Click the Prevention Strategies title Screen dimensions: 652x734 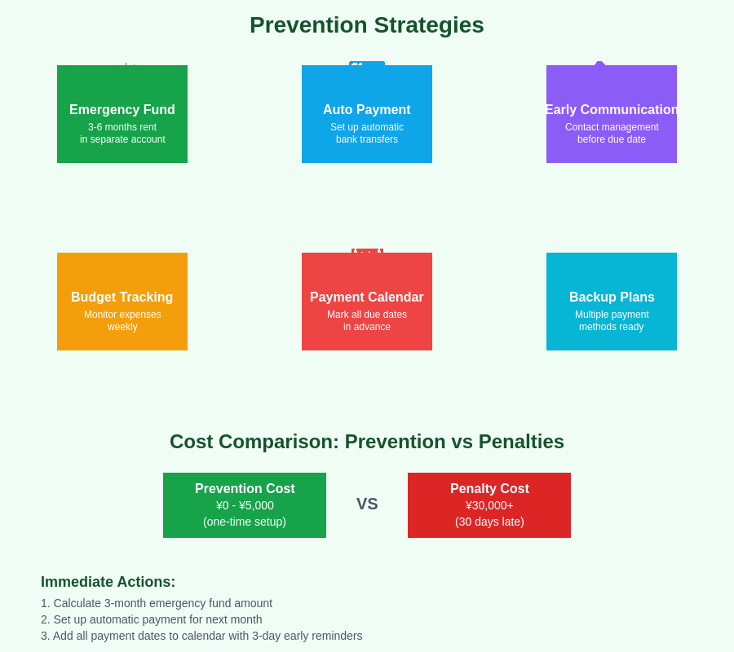pos(367,25)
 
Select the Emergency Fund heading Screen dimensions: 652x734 pos(122,110)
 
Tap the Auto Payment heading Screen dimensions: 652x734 pos(367,110)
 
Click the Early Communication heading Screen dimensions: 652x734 pos(612,110)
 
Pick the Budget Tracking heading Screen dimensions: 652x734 pos(122,297)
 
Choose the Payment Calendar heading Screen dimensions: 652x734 pos(367,297)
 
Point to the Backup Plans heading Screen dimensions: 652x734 pos(612,297)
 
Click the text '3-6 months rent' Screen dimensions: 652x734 pos(122,127)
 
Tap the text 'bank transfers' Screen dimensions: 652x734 pos(367,139)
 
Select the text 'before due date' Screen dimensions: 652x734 pos(612,139)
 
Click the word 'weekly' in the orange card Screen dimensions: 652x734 pos(122,327)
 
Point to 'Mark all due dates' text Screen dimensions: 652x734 pos(367,315)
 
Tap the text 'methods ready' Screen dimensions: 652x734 pos(612,327)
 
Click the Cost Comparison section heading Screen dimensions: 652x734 pos(367,442)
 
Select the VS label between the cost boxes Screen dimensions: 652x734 pos(367,504)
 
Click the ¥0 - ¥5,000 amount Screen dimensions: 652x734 pos(245,505)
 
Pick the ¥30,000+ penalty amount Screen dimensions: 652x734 pos(489,505)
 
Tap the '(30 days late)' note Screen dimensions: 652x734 pos(489,522)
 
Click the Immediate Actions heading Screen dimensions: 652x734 pos(108,582)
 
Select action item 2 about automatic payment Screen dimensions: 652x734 pos(152,619)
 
